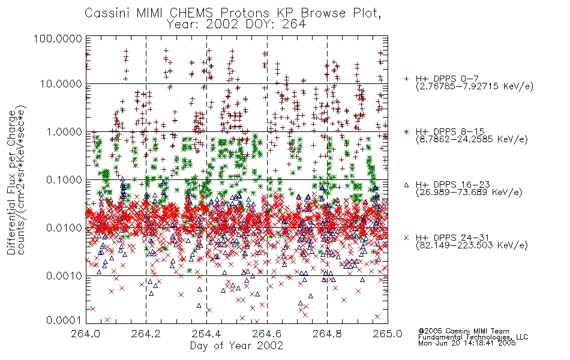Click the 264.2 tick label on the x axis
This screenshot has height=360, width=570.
tap(146, 334)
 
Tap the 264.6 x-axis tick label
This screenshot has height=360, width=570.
tap(267, 334)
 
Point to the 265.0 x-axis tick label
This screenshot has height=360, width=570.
tap(388, 334)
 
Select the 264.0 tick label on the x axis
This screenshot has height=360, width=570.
tap(86, 334)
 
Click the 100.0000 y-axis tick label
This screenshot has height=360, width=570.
tap(58, 38)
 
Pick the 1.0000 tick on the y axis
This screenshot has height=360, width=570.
tap(64, 131)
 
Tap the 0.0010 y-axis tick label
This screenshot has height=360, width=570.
tap(64, 276)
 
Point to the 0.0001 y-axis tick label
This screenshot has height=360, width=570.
tap(64, 320)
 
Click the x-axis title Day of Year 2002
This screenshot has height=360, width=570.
tap(236, 346)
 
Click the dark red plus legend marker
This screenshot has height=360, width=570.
tap(406, 79)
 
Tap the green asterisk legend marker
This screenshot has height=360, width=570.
tap(406, 131)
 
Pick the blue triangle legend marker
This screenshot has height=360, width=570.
tap(406, 185)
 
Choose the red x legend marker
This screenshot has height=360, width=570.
tap(406, 238)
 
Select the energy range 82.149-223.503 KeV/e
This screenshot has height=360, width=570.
tap(472, 245)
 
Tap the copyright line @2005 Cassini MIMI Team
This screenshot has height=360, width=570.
tap(463, 331)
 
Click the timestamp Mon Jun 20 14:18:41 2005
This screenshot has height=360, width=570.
tap(467, 343)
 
